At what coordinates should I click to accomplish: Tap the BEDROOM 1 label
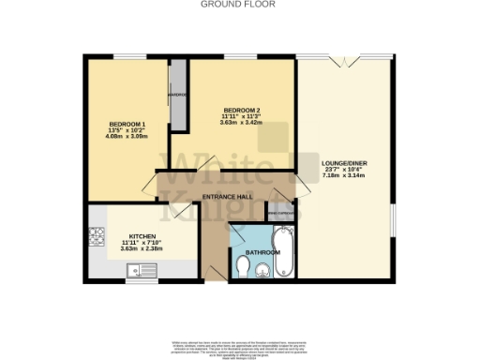pos(127,125)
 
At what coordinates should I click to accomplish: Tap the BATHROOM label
pos(262,252)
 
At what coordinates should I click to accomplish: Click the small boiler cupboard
pos(279,213)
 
